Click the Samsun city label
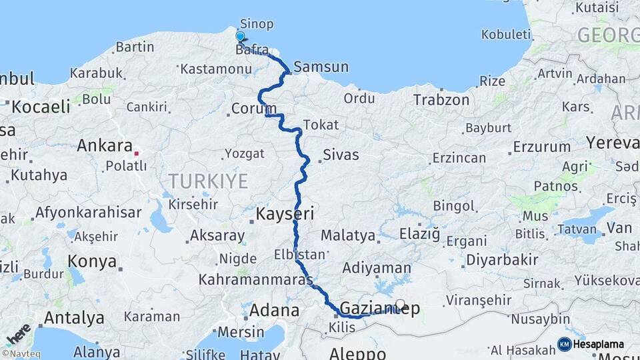pyautogui.click(x=321, y=67)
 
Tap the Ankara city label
pyautogui.click(x=104, y=145)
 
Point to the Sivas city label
pyautogui.click(x=341, y=155)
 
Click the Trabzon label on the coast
pyautogui.click(x=441, y=100)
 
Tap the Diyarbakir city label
pyautogui.click(x=502, y=259)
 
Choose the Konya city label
pyautogui.click(x=92, y=261)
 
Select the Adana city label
pyautogui.click(x=274, y=310)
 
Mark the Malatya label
pyautogui.click(x=347, y=235)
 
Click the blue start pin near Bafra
pyautogui.click(x=240, y=37)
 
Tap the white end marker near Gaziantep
pyautogui.click(x=400, y=305)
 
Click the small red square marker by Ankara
pyautogui.click(x=137, y=153)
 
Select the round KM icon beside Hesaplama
pyautogui.click(x=565, y=344)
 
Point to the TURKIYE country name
pyautogui.click(x=208, y=181)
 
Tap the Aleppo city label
pyautogui.click(x=357, y=353)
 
